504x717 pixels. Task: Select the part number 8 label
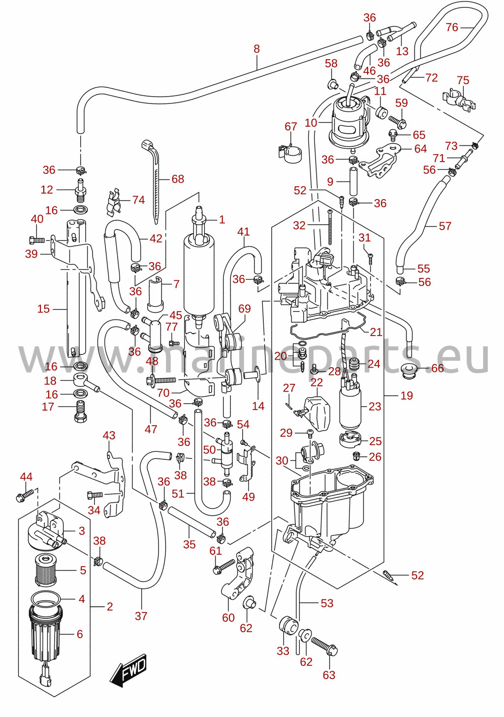pos(256,49)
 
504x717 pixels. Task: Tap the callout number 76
pos(452,27)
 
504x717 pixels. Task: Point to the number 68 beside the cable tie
pos(178,179)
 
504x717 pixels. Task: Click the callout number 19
pos(407,396)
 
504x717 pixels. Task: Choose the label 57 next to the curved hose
pos(445,226)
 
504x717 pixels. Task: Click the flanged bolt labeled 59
pos(398,121)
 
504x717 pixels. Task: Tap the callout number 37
pos(141,616)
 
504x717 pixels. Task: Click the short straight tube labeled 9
pos(353,181)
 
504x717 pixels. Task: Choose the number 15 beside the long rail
pos(43,309)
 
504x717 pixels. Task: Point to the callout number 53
pos(327,603)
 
